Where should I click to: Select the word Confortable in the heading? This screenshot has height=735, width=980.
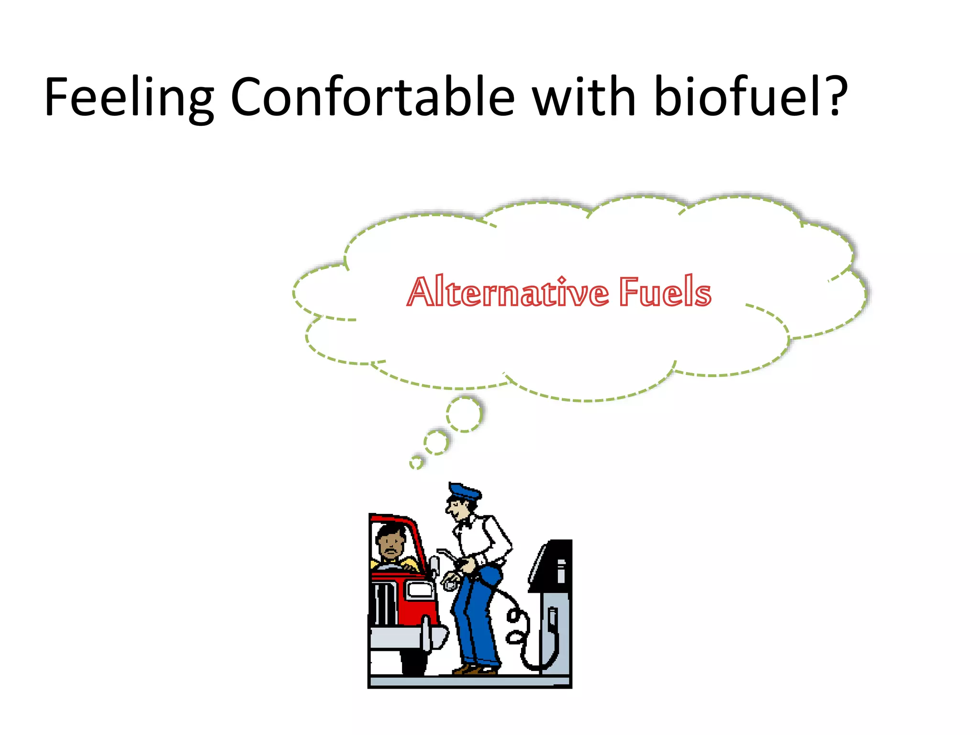(x=372, y=97)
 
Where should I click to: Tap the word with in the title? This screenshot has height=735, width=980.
(x=584, y=97)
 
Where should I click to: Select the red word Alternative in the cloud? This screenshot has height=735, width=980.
(x=508, y=292)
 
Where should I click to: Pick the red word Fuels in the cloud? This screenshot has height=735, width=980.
(x=665, y=292)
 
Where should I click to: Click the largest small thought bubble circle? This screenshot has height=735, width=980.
(x=464, y=414)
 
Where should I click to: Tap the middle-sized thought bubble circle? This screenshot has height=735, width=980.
(x=436, y=443)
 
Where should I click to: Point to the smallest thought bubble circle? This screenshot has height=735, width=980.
(x=416, y=462)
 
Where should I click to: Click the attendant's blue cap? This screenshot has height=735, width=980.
(x=464, y=492)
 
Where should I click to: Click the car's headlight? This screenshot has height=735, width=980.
(x=420, y=590)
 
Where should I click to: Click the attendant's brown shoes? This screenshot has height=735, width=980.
(x=474, y=669)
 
